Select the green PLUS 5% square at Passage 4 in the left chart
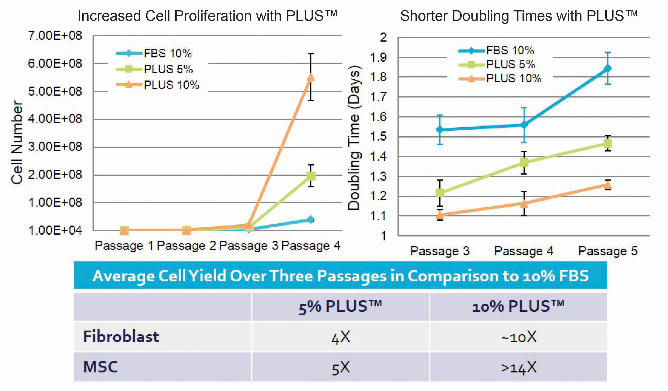(x=311, y=176)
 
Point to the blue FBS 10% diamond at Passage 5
(x=608, y=68)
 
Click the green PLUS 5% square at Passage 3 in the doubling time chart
(x=440, y=192)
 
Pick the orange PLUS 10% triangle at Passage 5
(x=608, y=185)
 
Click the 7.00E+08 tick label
(x=55, y=35)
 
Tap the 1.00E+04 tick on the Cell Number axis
(x=55, y=230)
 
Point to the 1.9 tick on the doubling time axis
(x=379, y=57)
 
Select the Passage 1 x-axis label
(x=124, y=246)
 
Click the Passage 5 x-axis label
(x=608, y=251)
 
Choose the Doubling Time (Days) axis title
(x=354, y=137)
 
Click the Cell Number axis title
(x=17, y=142)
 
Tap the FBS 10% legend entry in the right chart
(x=510, y=50)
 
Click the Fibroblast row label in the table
(x=121, y=337)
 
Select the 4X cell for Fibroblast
(x=341, y=337)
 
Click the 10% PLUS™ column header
(x=518, y=306)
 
